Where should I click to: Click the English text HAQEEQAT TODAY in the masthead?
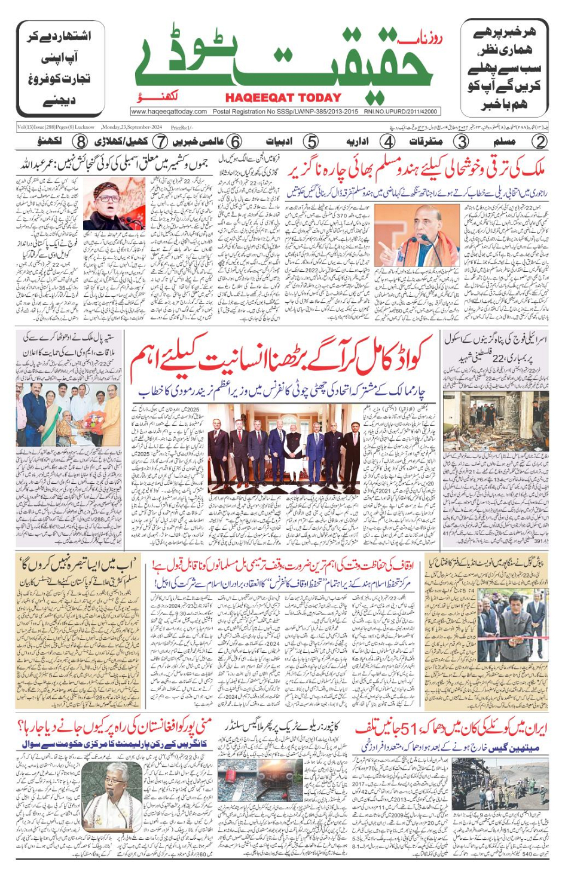283,97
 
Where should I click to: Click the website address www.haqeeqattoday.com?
169,112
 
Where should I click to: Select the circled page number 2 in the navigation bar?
539,142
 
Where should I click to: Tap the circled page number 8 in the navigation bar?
80,142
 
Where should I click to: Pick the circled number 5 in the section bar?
311,142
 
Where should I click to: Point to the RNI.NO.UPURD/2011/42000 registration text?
401,112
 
